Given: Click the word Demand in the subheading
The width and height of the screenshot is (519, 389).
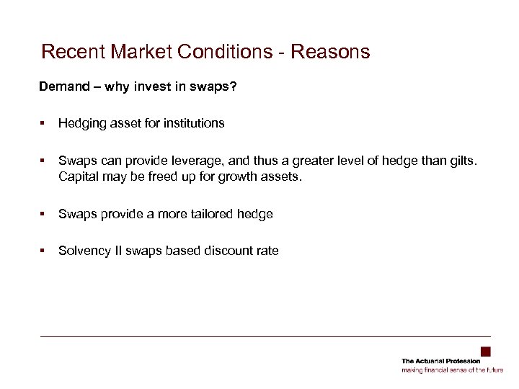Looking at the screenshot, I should click(x=61, y=87).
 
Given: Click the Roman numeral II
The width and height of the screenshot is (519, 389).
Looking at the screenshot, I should click(x=115, y=251).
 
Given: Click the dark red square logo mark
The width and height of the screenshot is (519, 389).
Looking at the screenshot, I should click(x=486, y=352).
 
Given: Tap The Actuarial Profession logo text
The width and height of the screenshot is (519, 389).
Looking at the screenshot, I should click(x=440, y=361).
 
